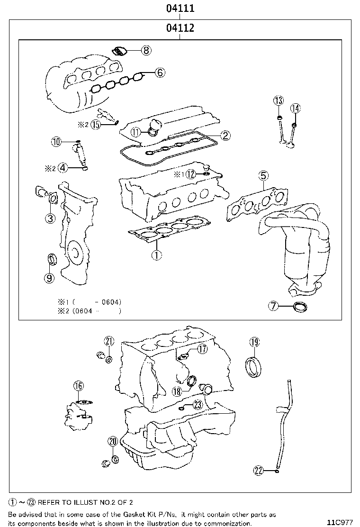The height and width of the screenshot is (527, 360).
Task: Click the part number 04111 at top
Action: (180, 8)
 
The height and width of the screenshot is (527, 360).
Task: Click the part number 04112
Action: (180, 28)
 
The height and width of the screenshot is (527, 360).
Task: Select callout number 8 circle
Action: (145, 50)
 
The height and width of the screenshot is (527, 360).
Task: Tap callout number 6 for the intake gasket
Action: (159, 73)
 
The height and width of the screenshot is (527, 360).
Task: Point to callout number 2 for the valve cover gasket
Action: (225, 136)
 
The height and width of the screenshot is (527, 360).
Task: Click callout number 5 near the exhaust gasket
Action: (263, 176)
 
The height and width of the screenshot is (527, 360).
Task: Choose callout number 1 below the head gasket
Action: (157, 255)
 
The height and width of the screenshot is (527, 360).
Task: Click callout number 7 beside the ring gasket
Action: (273, 306)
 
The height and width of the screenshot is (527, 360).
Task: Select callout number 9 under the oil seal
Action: (49, 278)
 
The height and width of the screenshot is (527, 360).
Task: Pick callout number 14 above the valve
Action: (295, 108)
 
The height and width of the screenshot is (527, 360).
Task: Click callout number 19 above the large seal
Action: (254, 342)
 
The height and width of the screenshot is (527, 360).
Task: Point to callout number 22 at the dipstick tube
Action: (258, 470)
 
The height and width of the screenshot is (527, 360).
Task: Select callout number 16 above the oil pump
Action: (78, 386)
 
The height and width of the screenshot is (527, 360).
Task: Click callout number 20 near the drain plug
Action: (112, 442)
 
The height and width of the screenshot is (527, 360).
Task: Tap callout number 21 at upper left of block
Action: (109, 341)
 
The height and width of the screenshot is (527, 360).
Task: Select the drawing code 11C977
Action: (340, 523)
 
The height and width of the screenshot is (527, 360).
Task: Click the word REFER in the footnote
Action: (49, 502)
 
